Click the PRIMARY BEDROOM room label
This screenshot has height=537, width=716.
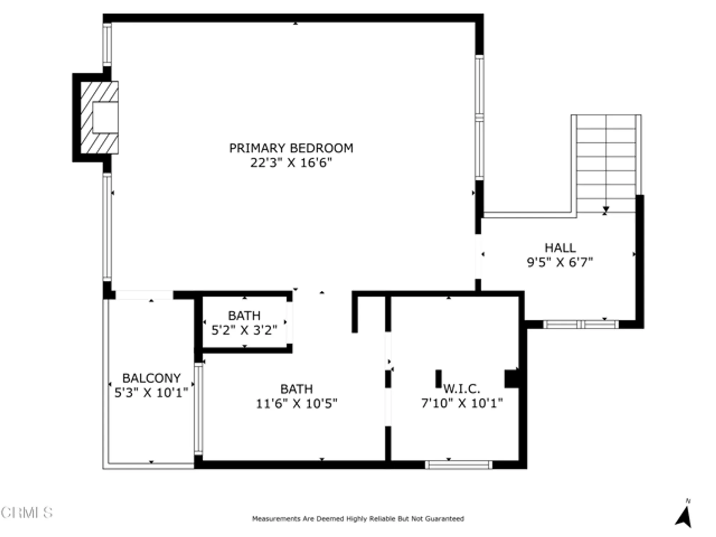(x=291, y=148)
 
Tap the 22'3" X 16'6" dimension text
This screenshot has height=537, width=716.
(x=291, y=163)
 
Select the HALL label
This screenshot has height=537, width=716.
(x=560, y=248)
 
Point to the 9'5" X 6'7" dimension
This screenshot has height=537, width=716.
(x=560, y=262)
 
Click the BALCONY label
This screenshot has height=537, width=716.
(x=151, y=378)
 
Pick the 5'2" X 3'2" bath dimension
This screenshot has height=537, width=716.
(x=244, y=330)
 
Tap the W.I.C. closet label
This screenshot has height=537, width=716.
(x=461, y=388)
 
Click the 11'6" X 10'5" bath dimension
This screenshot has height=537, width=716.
(x=296, y=404)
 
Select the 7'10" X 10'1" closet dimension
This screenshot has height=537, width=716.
(x=462, y=403)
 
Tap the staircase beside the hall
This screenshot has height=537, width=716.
(x=606, y=161)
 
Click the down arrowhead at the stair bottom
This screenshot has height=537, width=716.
(x=606, y=209)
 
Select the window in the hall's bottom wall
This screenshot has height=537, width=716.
(x=581, y=325)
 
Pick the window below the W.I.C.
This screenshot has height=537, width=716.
(x=459, y=465)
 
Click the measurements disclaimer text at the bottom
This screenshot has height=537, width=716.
(x=358, y=518)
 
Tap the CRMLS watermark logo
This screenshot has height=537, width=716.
(x=27, y=513)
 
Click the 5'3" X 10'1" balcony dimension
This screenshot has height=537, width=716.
(x=151, y=393)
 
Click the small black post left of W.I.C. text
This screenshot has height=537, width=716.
(x=438, y=379)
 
